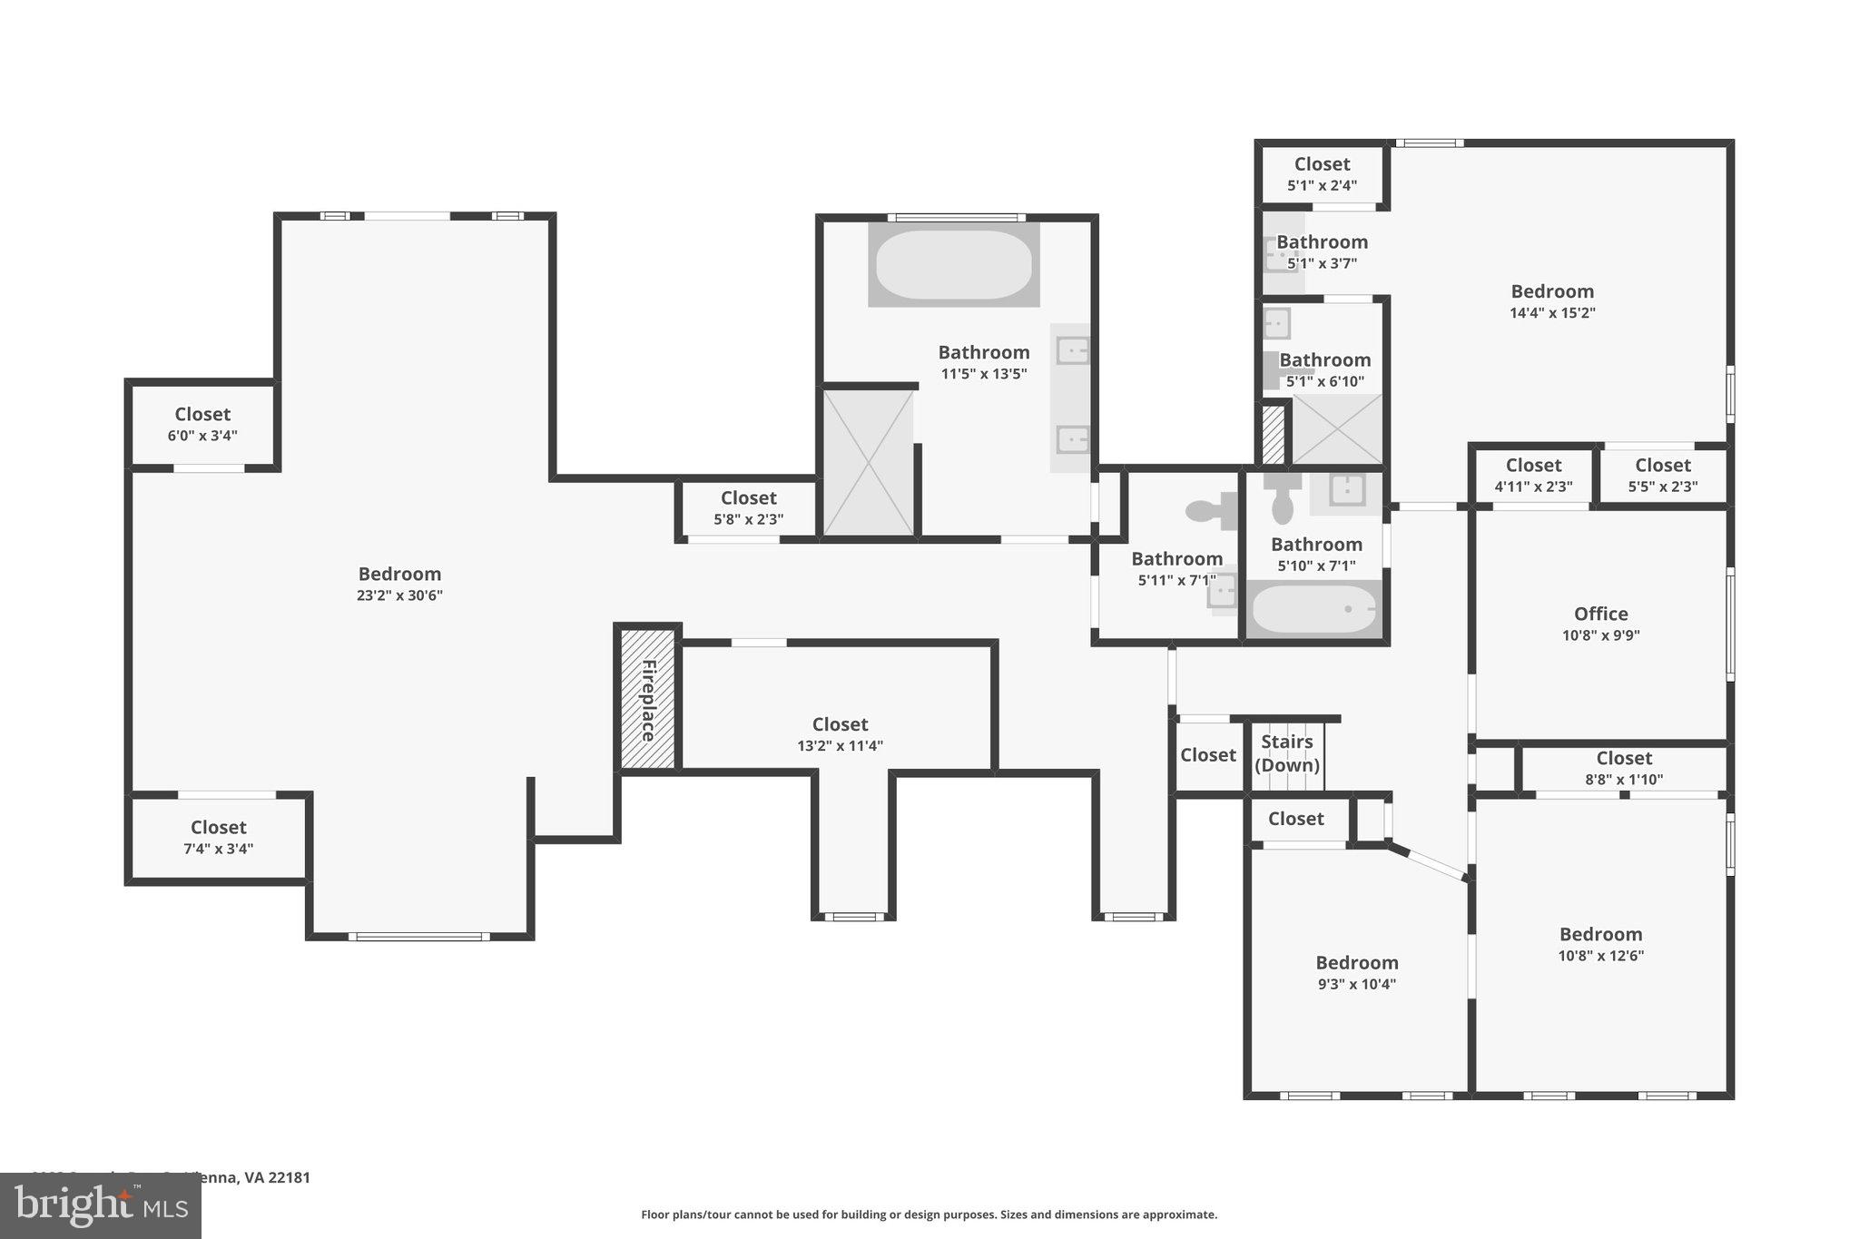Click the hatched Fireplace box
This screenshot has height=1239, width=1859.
pos(648,699)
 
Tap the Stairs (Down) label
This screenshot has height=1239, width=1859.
pos(1287,753)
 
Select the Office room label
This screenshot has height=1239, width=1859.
pos(1601,614)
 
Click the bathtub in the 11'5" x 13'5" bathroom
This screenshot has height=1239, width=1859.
pos(953,264)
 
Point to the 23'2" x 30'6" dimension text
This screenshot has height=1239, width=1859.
pos(399,595)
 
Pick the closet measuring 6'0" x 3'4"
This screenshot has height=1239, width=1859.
pos(202,424)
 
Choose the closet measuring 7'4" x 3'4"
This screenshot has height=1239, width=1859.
pos(219,837)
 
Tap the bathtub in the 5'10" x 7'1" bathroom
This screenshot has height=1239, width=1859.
pos(1313,609)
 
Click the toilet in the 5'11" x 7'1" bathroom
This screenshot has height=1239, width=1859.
pos(1211,511)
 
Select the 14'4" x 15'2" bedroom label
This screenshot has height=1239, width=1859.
pos(1552,291)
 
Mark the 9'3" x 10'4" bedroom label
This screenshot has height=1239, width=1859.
pos(1357,963)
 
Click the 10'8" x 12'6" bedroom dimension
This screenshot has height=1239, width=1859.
pos(1601,955)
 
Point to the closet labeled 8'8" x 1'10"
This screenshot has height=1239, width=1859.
pos(1624,767)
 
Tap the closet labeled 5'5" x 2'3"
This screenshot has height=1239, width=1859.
pos(1663,475)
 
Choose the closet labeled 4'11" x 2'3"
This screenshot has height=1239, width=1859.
pos(1533,475)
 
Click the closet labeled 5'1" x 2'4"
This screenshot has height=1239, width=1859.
pos(1322,173)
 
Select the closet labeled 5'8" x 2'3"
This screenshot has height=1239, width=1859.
pos(748,507)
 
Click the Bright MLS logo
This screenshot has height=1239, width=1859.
pos(101,1206)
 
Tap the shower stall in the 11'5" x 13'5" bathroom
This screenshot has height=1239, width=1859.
pos(868,462)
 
